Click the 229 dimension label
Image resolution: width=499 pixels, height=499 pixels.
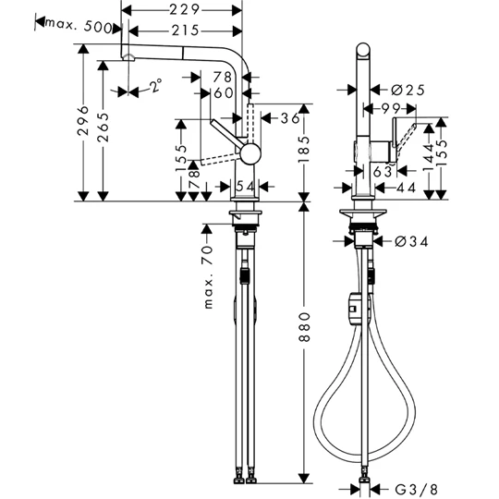pos(184,10)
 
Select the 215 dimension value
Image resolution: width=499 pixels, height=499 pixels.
pos(185,30)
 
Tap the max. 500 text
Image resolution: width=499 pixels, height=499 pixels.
pos(79,26)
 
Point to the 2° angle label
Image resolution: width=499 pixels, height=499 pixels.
pos(156,85)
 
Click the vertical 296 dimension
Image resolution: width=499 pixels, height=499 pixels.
pos(83,121)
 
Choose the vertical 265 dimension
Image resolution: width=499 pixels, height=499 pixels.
pos(103,128)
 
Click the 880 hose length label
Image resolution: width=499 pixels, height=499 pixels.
pos(304,327)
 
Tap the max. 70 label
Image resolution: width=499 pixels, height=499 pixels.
pos(208,277)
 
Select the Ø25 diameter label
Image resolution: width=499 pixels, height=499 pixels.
pos(408,90)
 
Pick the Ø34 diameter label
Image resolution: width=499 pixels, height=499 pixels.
pos(411,242)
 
